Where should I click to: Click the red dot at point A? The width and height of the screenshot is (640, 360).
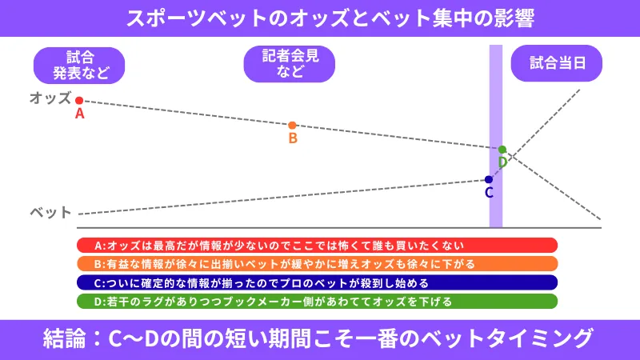(79, 101)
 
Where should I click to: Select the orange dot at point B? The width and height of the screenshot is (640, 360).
(292, 126)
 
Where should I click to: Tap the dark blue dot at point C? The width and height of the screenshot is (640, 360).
(489, 179)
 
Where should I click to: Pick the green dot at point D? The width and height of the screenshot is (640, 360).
(502, 150)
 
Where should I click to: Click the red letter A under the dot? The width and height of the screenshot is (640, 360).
(79, 114)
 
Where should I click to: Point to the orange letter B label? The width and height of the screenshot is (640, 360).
(293, 138)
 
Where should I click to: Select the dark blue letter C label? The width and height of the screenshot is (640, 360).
(489, 192)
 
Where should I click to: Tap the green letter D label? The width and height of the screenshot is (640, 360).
(503, 162)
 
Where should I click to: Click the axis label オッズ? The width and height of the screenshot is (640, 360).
(50, 98)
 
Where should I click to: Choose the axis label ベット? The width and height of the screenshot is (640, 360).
(50, 212)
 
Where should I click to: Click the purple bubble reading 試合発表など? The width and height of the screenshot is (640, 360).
(79, 66)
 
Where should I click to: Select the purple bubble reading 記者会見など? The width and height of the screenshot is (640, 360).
(290, 64)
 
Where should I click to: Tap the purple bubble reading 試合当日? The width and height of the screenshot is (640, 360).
(557, 63)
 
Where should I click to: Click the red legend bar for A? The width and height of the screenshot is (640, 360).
(317, 246)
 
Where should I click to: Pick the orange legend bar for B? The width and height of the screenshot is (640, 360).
(317, 264)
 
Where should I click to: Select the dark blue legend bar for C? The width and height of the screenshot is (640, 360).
(317, 282)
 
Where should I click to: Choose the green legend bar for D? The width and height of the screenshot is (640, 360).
(317, 302)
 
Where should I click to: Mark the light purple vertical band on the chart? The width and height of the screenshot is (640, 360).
(496, 136)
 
